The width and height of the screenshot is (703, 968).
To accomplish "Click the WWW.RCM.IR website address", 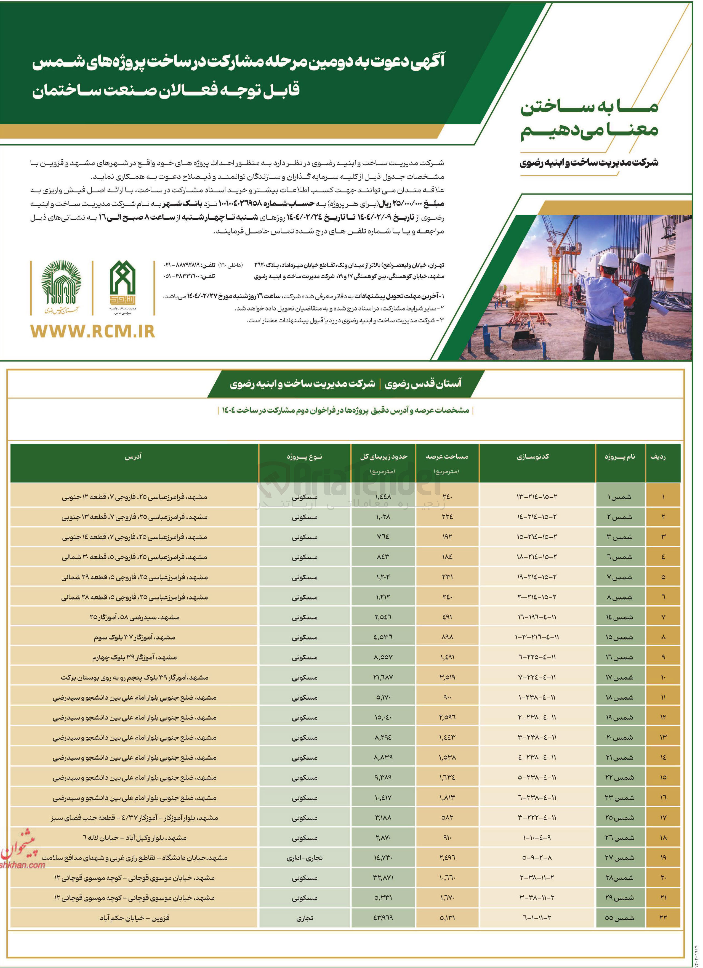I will click(x=93, y=331).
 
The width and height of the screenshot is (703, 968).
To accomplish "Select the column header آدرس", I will click(x=133, y=457).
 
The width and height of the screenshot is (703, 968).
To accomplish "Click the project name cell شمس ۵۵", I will click(x=619, y=918).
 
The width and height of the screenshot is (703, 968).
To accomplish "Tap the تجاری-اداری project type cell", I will click(x=305, y=858).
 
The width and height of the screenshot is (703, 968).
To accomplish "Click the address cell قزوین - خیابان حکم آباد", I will click(x=134, y=918).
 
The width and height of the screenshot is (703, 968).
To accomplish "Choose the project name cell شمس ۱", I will click(x=619, y=497).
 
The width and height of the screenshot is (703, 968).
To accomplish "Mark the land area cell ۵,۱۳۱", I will click(x=447, y=918).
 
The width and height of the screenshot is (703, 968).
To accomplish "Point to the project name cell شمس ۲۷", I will click(x=619, y=858).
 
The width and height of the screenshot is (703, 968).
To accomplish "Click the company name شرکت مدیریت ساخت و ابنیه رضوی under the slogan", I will click(x=589, y=163).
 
